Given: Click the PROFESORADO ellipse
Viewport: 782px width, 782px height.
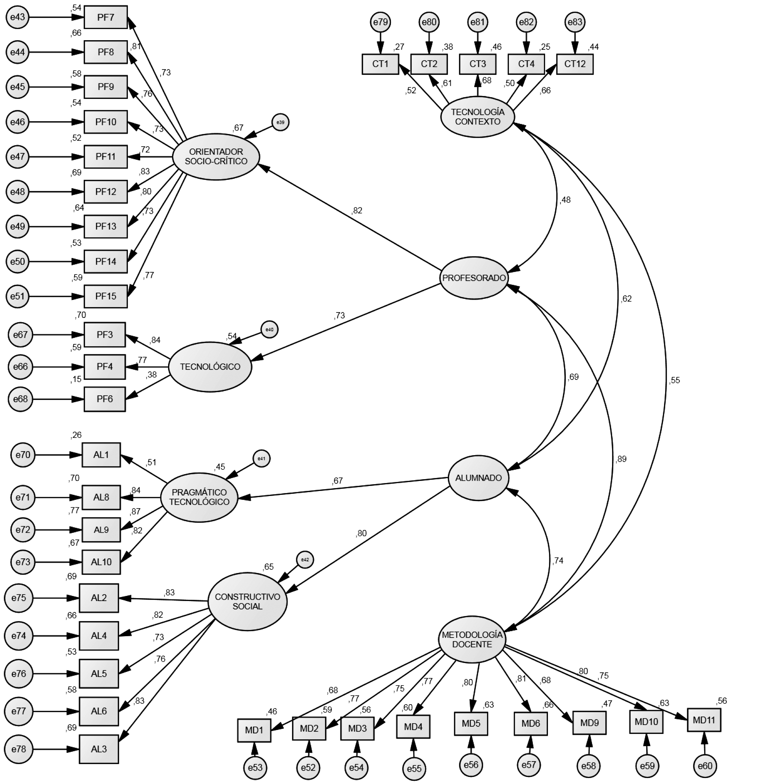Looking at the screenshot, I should point(474,278).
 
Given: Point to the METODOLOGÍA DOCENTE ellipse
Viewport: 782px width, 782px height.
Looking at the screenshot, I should point(472,640).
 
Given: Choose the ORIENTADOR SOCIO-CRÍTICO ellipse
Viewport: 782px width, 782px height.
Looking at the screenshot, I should point(216,157).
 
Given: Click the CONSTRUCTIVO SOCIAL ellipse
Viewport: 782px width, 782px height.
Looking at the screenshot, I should point(247,602).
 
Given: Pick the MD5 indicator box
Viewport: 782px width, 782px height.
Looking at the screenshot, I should point(471,723).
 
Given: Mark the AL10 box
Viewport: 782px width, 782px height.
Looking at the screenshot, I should point(101,562).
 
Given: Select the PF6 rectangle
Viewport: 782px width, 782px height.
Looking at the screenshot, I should point(105,399).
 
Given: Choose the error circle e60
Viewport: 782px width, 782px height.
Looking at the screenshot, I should point(705,766).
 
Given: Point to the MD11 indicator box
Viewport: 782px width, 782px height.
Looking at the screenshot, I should point(704,720).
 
